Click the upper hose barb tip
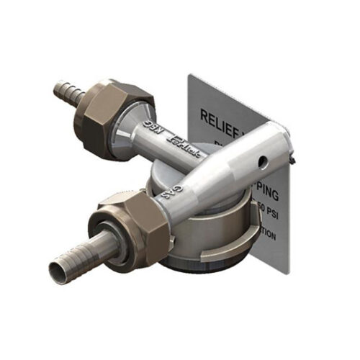click(x=58, y=89)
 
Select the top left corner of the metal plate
click(x=188, y=73)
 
